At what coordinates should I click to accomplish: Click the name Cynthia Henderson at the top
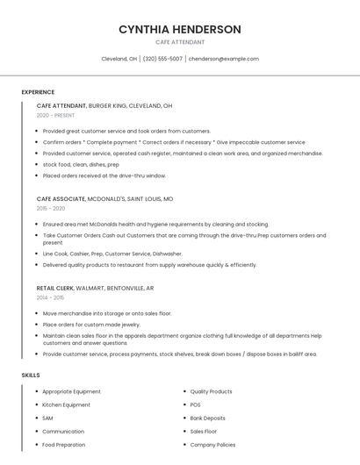179,29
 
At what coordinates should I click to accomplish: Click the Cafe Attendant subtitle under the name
179,42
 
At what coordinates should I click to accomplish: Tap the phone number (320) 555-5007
162,59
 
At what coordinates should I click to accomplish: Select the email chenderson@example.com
224,59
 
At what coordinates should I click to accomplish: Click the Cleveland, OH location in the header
119,59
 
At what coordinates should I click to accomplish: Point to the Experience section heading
38,92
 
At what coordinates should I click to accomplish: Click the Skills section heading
31,375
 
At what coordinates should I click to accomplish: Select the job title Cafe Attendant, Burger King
104,105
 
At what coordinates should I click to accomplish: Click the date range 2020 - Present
55,115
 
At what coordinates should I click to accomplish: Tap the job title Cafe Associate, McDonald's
104,199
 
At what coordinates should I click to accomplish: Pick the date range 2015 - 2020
51,208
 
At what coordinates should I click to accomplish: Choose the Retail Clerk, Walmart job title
95,288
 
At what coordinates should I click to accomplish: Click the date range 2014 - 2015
51,297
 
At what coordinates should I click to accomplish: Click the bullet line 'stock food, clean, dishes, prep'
81,164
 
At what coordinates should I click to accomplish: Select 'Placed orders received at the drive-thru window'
104,175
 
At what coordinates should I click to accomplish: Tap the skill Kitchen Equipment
66,404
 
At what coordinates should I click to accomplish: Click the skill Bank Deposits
207,418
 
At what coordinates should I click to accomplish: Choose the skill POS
195,404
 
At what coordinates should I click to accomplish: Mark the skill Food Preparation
63,445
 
